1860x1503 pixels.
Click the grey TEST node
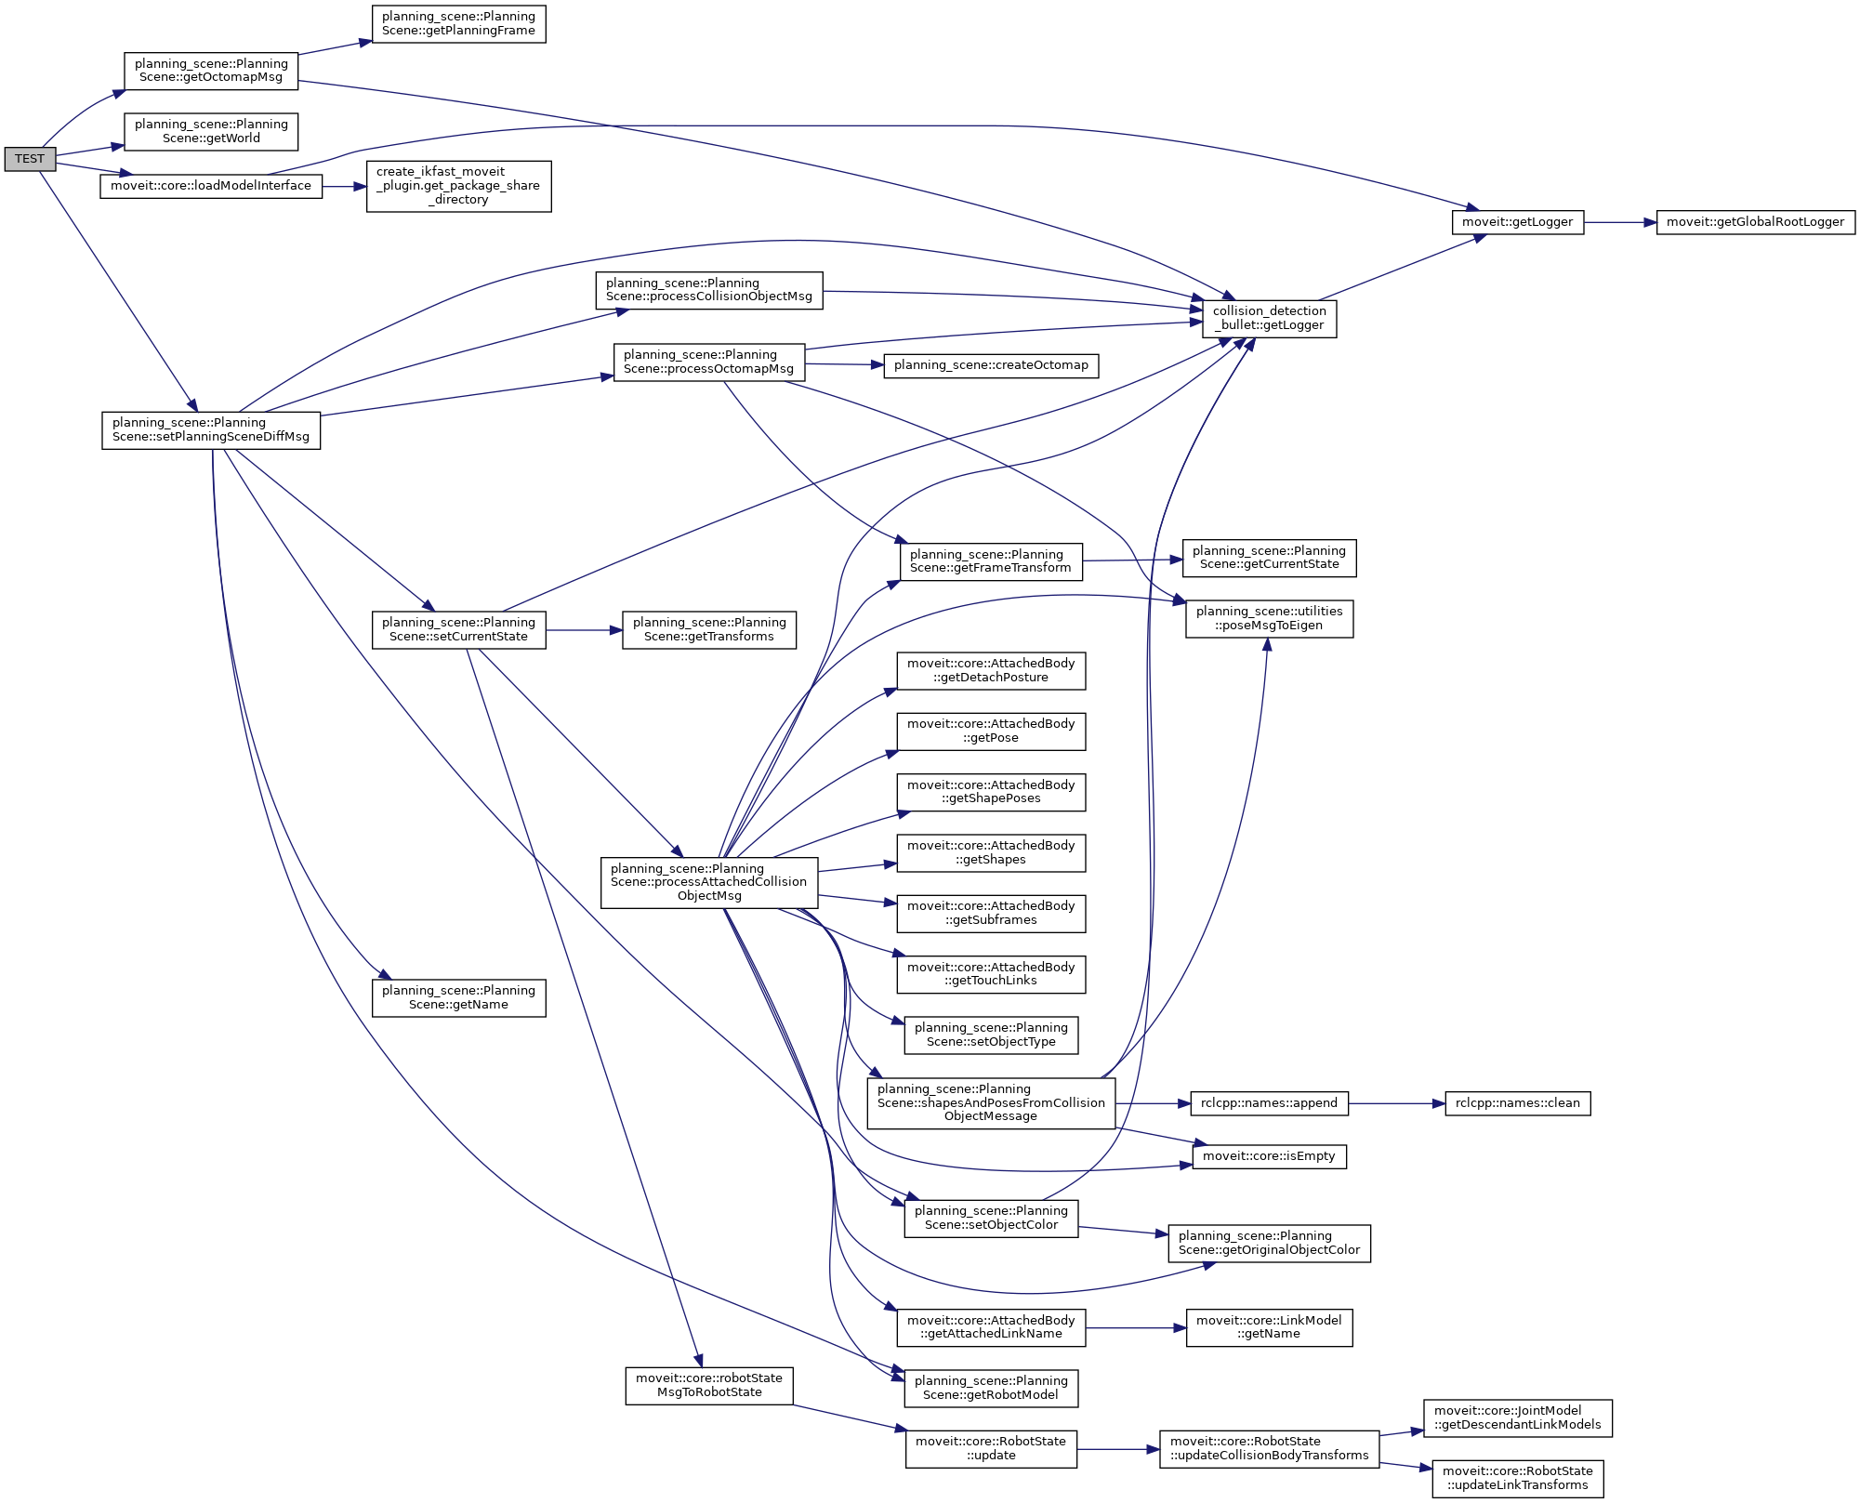[x=30, y=159]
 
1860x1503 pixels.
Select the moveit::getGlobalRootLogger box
[x=1755, y=222]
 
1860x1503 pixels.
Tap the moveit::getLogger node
[x=1517, y=222]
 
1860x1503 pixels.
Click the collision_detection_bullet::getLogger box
[x=1269, y=319]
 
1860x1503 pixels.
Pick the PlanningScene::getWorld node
[x=211, y=131]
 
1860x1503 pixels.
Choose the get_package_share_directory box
[x=458, y=186]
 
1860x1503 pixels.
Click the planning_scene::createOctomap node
[x=991, y=365]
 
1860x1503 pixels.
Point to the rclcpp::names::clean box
[x=1517, y=1103]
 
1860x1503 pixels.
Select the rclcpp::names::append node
[x=1269, y=1103]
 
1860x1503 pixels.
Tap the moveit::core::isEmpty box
[x=1269, y=1156]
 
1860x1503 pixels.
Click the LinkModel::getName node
[x=1269, y=1327]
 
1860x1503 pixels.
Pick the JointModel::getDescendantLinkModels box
[x=1517, y=1417]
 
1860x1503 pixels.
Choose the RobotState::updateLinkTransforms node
[x=1517, y=1478]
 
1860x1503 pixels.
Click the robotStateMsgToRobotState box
[x=709, y=1385]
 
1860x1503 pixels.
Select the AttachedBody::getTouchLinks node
[x=991, y=974]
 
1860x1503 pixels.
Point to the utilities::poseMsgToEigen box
[x=1269, y=618]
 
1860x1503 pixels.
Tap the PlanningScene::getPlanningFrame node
[x=458, y=24]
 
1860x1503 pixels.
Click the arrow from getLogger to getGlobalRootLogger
[x=1620, y=223]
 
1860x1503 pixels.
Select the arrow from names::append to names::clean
[x=1396, y=1103]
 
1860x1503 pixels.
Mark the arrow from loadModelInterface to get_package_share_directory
[x=344, y=187]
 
